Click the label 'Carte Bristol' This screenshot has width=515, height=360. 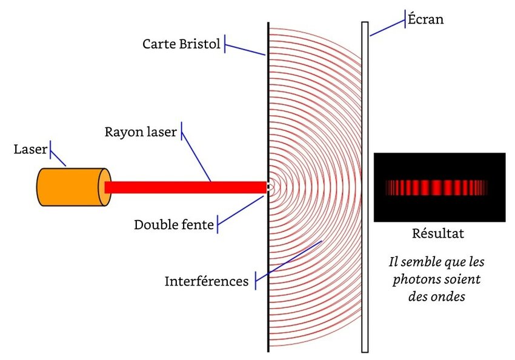181,44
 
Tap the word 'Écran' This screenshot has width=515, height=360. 426,19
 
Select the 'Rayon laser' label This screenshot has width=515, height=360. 141,132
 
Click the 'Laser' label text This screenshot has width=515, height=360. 30,149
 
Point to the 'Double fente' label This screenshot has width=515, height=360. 174,225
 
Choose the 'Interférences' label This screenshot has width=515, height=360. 206,281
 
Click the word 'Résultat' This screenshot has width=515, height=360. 438,233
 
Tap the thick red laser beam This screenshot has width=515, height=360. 185,187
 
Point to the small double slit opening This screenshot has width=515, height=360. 269,187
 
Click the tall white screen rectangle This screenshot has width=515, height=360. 365,187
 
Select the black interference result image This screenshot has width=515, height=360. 439,187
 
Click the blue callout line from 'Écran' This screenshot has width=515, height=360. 388,28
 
